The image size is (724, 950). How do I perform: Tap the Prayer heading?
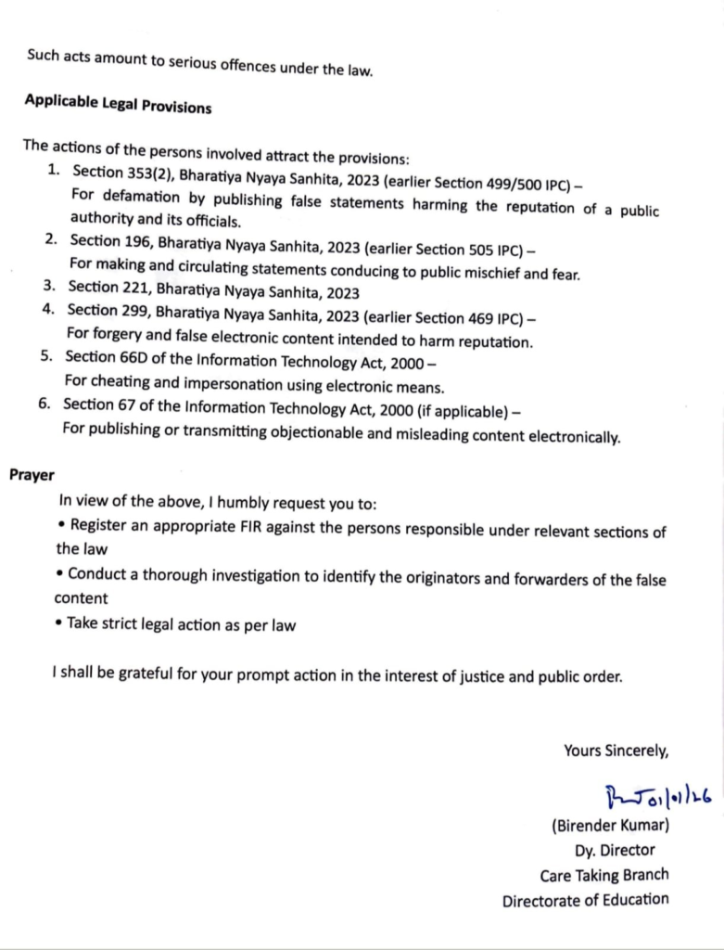[x=32, y=475]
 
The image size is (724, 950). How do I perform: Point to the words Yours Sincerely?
[x=616, y=751]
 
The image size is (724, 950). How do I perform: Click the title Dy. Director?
[x=615, y=850]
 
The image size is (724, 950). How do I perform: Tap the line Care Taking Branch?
[x=604, y=875]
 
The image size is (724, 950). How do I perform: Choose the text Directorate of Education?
[x=585, y=899]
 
